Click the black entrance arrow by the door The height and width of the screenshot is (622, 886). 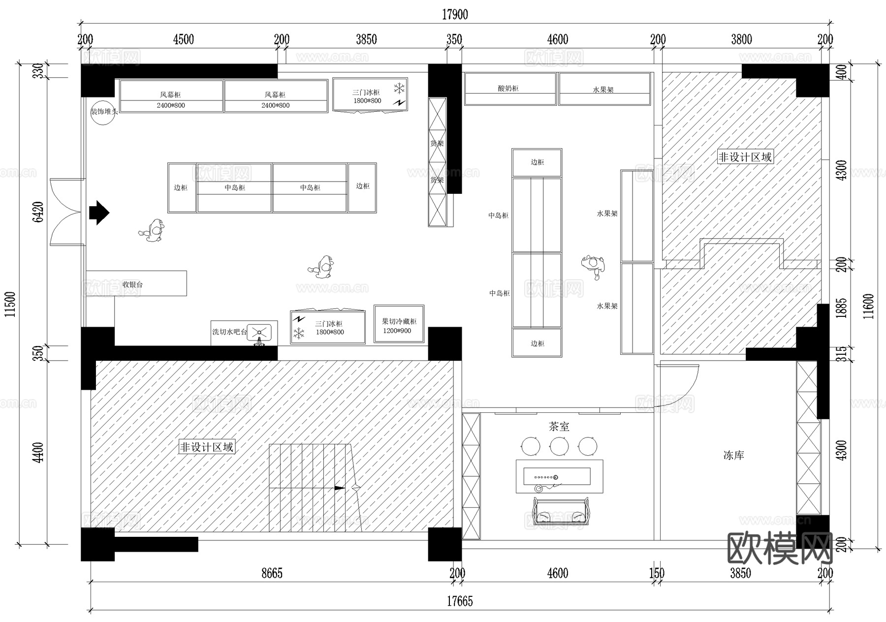point(99,213)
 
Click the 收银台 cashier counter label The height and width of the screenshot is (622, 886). point(132,284)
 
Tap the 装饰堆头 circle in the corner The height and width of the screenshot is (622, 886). point(103,112)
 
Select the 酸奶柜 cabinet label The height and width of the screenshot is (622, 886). point(508,89)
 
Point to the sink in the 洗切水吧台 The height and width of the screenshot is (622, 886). point(259,332)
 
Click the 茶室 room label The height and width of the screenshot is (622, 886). point(559,427)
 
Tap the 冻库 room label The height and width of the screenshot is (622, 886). point(733,456)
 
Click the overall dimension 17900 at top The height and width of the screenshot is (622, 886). point(454,15)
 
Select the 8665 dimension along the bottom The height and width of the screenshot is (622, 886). point(272,573)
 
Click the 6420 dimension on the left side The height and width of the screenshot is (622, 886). point(38,212)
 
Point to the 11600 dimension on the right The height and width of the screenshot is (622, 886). point(868,306)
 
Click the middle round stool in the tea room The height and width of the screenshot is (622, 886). point(559,446)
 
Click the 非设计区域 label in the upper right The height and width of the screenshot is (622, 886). point(745,157)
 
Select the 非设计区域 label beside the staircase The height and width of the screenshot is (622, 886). point(206,447)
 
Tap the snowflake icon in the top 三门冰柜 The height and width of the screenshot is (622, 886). point(399,89)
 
